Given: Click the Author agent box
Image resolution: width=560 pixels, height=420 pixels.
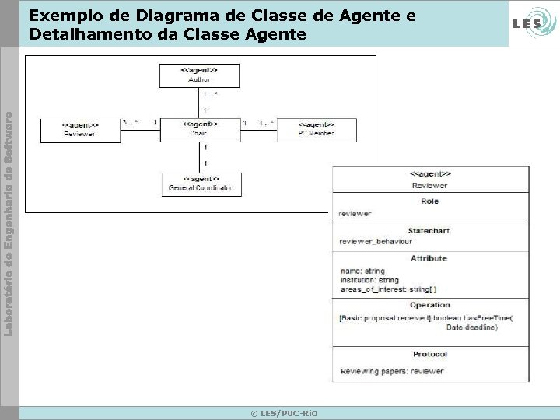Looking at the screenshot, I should [x=200, y=75].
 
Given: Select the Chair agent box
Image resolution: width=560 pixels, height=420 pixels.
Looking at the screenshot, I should [x=200, y=129].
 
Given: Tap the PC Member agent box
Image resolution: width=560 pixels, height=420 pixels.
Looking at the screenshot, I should [x=317, y=129].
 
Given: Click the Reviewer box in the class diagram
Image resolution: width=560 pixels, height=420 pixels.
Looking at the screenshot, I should [x=80, y=129].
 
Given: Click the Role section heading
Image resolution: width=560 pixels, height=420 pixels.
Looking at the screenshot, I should [x=429, y=201].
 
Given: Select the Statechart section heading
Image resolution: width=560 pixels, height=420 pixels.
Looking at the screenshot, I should [x=429, y=231].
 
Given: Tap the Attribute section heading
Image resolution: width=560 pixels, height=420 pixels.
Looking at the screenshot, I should [x=429, y=258].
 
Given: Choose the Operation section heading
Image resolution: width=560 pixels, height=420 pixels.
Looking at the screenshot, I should [x=429, y=306].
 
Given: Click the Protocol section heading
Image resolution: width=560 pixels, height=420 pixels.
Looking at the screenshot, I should [x=429, y=354].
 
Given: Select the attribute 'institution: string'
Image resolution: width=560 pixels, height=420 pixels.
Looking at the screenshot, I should [x=370, y=280].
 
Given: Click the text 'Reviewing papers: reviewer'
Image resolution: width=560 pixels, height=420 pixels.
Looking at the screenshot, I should [x=391, y=371].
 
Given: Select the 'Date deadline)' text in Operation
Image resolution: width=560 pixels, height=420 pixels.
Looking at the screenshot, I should [x=472, y=327].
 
